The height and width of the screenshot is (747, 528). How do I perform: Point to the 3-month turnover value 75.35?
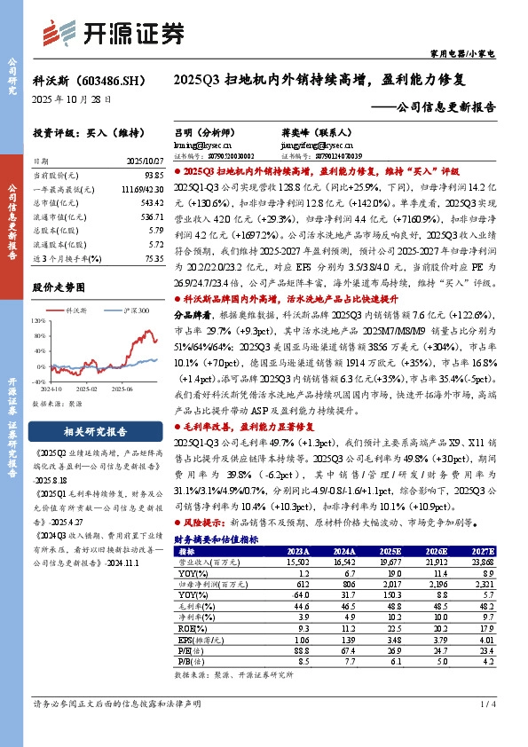(x=154, y=258)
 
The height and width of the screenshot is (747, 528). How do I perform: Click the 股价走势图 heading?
(x=59, y=287)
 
